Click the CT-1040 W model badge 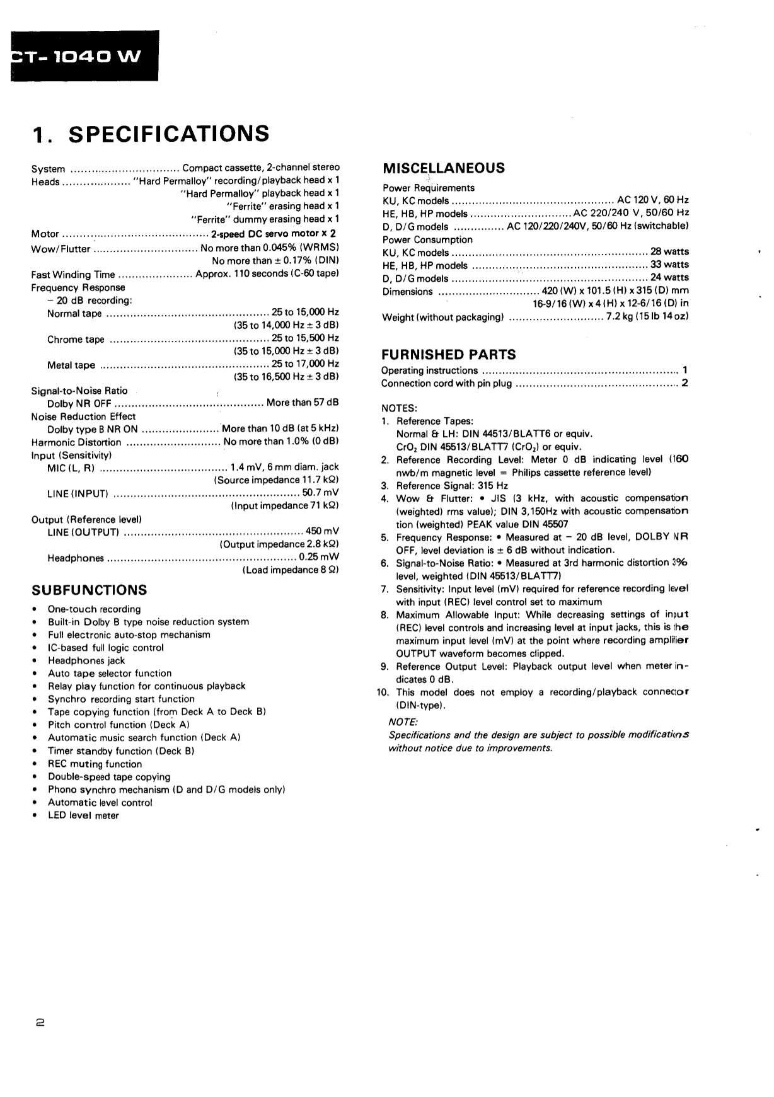coord(79,56)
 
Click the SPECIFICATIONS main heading coord(151,134)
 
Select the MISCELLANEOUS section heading coord(444,168)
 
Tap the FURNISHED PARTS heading coord(448,355)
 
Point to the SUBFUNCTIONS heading coord(89,590)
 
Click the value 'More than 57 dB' coord(303,403)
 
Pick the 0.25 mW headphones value coord(319,557)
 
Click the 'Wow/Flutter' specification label coord(61,248)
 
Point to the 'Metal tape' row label coord(71,365)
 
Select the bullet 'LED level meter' coord(83,815)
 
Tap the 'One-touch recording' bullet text coord(95,609)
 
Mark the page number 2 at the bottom coord(40,1024)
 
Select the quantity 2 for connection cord coord(684,383)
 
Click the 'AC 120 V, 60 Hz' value coord(653,200)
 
